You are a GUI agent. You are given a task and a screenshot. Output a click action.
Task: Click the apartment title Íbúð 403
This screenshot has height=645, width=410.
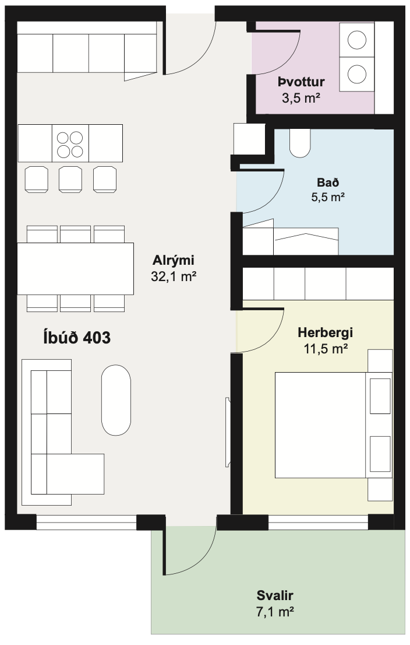pyautogui.click(x=77, y=337)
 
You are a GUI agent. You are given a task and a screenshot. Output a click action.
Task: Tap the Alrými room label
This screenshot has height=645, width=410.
pyautogui.click(x=173, y=260)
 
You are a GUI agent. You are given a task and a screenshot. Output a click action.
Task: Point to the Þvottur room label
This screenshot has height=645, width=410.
pyautogui.click(x=301, y=82)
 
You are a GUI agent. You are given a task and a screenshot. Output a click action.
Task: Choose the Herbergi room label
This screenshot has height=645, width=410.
pyautogui.click(x=325, y=333)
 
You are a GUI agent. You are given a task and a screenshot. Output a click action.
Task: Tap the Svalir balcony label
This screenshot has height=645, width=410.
pyautogui.click(x=274, y=595)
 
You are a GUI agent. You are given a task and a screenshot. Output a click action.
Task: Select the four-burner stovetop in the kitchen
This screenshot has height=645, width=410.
pyautogui.click(x=70, y=143)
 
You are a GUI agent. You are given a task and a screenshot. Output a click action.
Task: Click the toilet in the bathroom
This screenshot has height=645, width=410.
pyautogui.click(x=300, y=142)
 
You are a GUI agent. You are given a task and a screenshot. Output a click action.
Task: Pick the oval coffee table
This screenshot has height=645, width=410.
pyautogui.click(x=116, y=400)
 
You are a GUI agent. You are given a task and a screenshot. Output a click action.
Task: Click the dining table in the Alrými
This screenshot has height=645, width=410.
pyautogui.click(x=75, y=269)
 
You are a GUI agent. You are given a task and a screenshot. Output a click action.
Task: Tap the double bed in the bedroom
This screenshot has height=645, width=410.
pyautogui.click(x=320, y=425)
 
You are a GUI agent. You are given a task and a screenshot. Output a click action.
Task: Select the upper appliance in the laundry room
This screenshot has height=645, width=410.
pyautogui.click(x=356, y=40)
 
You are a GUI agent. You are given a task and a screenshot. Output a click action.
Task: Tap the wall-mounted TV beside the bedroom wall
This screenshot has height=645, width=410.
pyautogui.click(x=228, y=432)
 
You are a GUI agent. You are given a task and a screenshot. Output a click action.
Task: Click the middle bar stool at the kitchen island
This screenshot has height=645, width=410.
pyautogui.click(x=70, y=178)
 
